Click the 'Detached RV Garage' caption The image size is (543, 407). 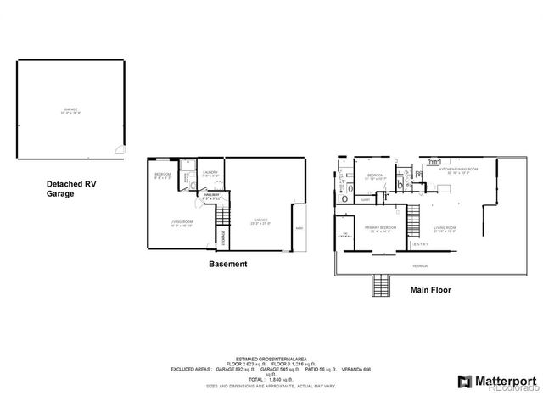click(73, 188)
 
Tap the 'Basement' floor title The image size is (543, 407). click(227, 264)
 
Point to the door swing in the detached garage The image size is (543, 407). click(121, 150)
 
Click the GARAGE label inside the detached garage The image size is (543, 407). click(70, 110)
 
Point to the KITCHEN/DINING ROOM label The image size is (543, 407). click(459, 170)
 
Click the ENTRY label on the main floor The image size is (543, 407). click(421, 244)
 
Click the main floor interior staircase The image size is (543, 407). click(415, 222)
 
